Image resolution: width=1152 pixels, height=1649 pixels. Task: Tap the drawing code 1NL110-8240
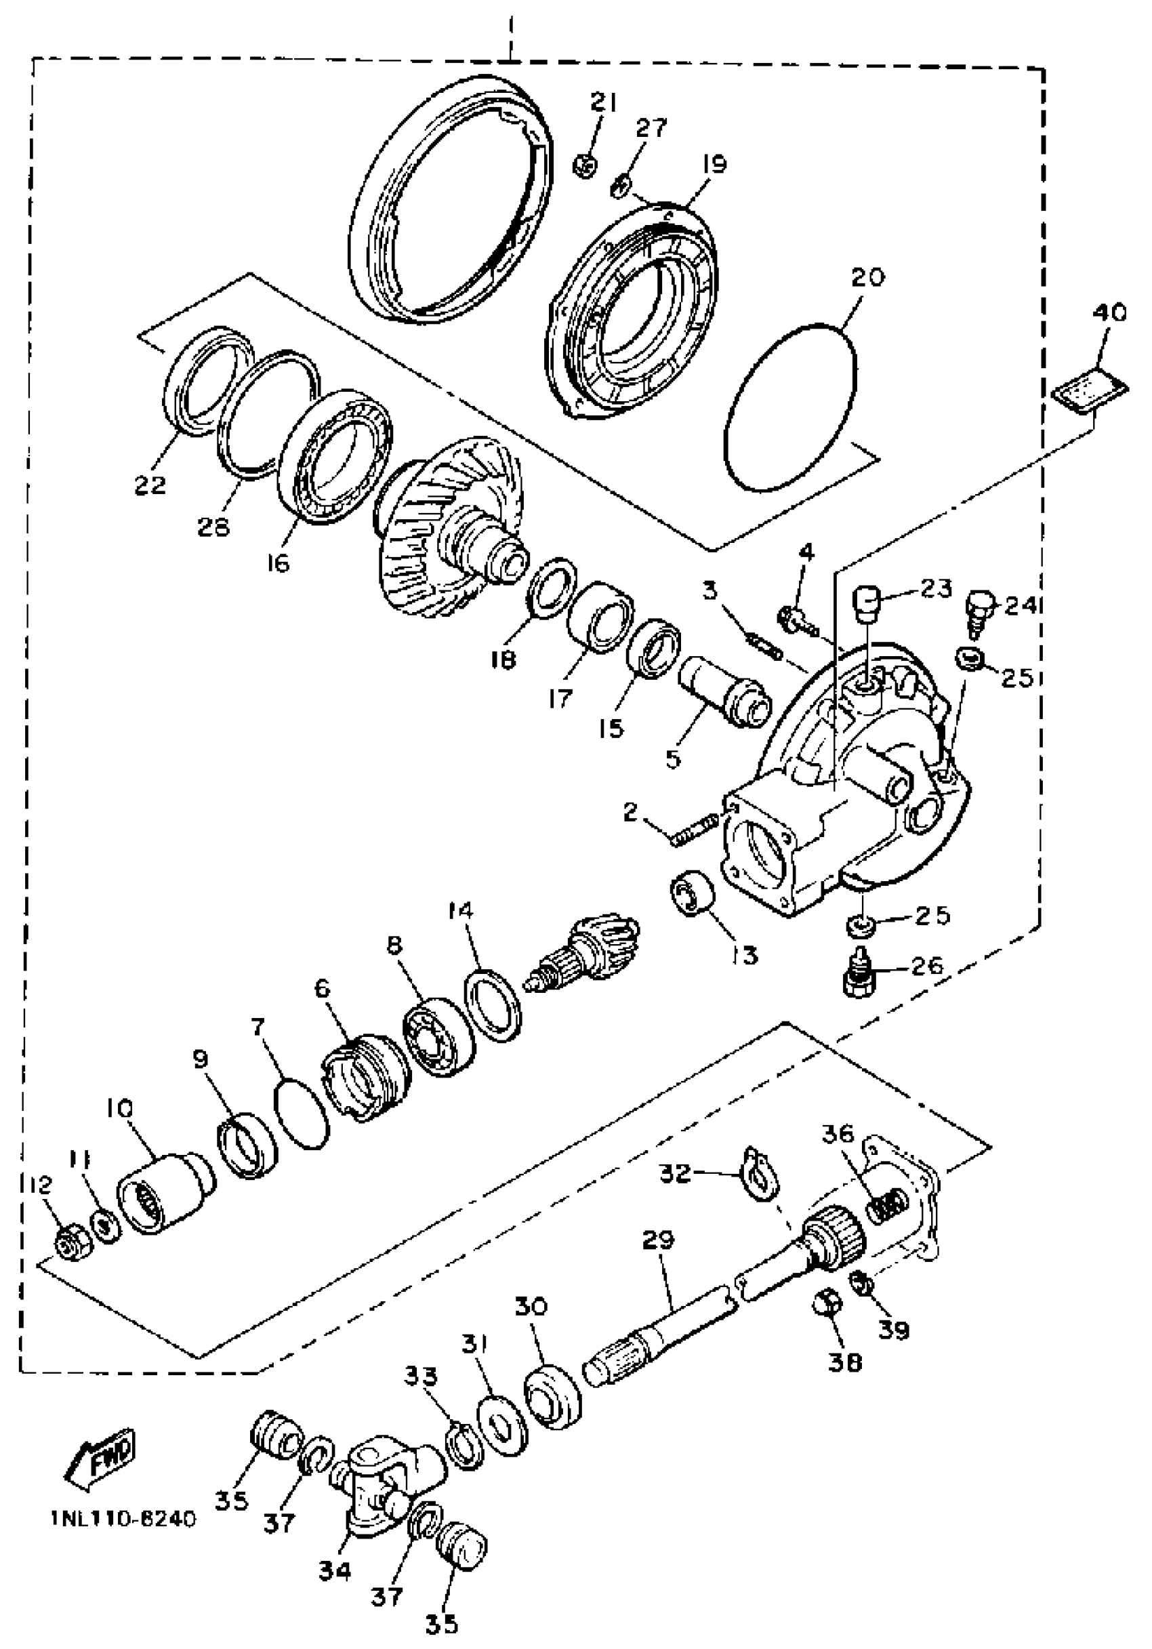click(x=123, y=1520)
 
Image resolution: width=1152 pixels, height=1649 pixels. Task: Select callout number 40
click(x=1109, y=313)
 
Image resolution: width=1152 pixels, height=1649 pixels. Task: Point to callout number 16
click(x=277, y=563)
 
